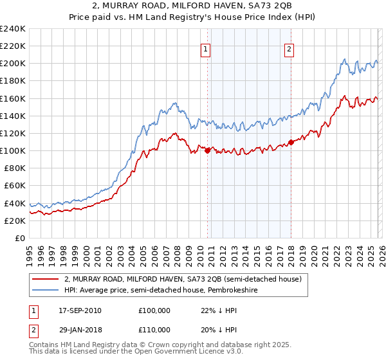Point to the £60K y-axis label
tap(15, 186)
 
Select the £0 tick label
tap(20, 238)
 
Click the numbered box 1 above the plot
tap(205, 48)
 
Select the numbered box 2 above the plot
tap(289, 48)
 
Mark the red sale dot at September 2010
tap(207, 150)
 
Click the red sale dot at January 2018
tap(291, 142)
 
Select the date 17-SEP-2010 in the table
tap(80, 310)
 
